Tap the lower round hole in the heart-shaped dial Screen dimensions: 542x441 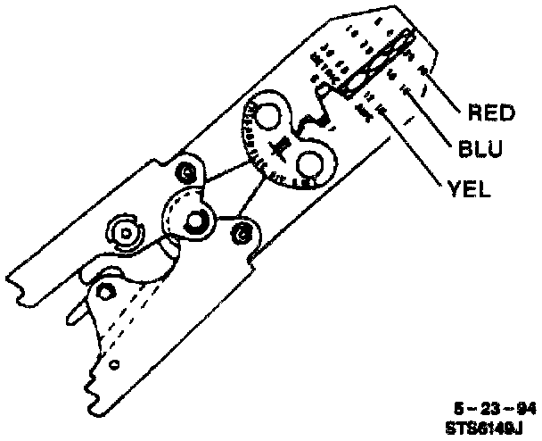311,164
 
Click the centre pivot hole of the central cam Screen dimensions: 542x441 190,218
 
